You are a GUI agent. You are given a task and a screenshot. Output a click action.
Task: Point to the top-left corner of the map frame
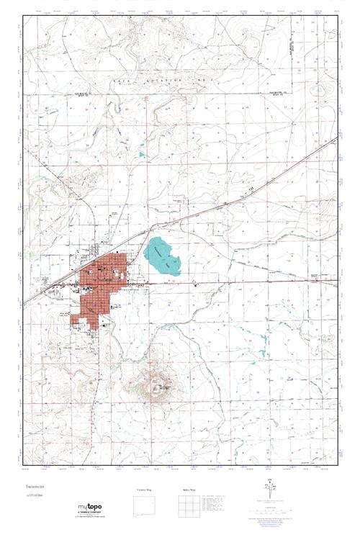[22, 16]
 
